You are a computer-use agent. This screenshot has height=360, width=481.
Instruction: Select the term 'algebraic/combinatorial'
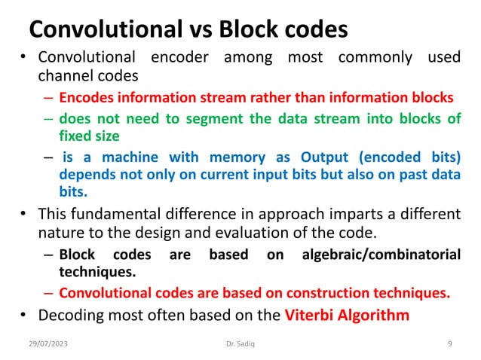[381, 255]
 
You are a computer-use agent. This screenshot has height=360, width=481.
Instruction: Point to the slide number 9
[449, 343]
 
